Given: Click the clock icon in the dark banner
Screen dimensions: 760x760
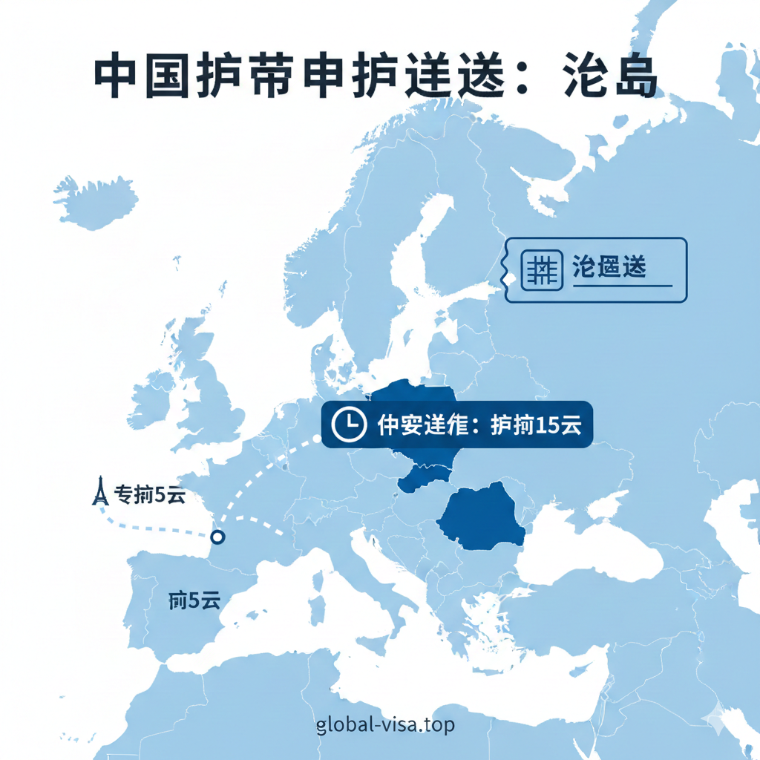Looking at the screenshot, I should (x=348, y=425).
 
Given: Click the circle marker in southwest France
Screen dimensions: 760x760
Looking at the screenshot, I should (x=217, y=537).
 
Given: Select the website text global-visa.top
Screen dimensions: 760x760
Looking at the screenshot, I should (x=384, y=724).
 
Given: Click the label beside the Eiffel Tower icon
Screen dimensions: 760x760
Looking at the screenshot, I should (x=151, y=496).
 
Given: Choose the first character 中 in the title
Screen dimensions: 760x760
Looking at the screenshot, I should (x=119, y=76).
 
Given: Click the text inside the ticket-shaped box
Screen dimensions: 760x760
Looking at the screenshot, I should (x=609, y=267).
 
